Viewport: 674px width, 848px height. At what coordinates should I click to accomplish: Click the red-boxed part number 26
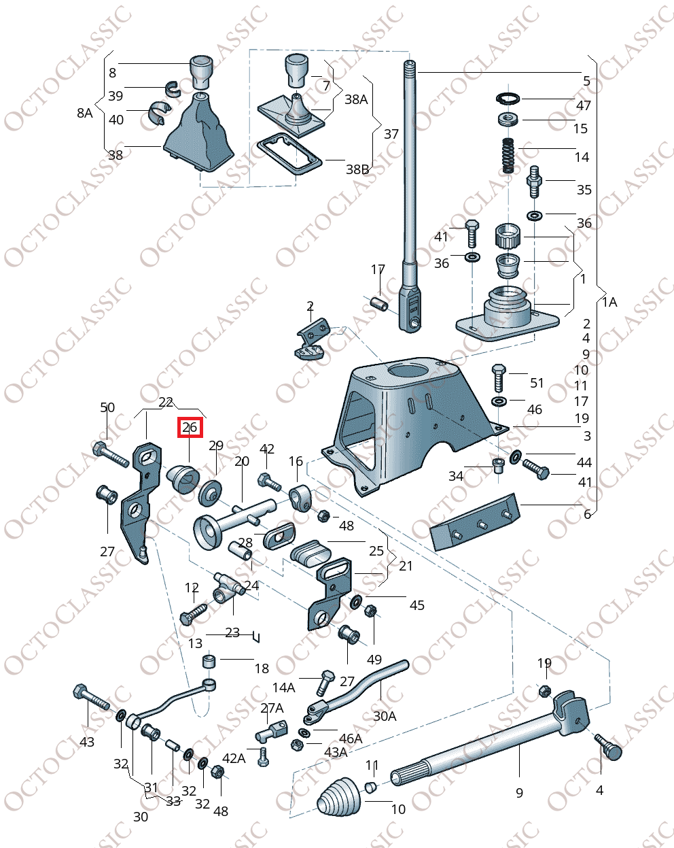pos(190,428)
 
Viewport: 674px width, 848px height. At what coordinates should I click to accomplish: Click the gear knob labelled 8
pos(200,70)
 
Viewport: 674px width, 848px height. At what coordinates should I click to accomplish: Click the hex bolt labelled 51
pos(498,375)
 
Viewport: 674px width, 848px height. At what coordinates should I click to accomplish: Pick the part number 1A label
pos(609,301)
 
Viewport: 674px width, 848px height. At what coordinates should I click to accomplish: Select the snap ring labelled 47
pos(509,99)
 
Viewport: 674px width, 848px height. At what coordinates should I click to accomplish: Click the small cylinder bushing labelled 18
pos(209,661)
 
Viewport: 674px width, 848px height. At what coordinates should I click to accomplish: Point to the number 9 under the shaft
pos(520,792)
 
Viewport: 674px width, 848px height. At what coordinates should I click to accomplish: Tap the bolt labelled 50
pos(109,452)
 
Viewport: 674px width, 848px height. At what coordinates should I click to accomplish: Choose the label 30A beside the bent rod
pos(385,716)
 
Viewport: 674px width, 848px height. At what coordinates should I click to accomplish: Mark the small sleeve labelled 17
pos(379,302)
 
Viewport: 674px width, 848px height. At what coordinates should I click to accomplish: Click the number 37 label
pos(391,134)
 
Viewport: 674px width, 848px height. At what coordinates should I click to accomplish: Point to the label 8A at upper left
pos(84,113)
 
